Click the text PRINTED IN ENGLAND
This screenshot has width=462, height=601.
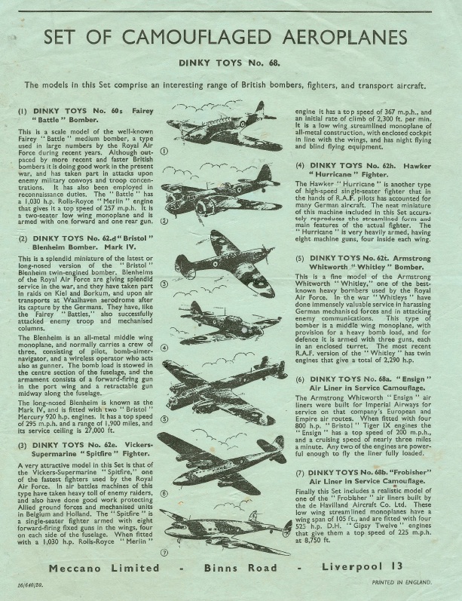pyautogui.click(x=404, y=589)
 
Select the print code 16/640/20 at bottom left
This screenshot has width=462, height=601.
pyautogui.click(x=26, y=589)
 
